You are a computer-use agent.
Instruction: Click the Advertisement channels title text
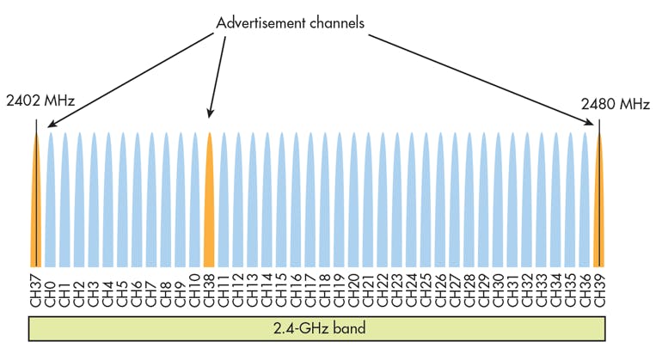291,23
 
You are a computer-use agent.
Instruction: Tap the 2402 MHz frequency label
40,101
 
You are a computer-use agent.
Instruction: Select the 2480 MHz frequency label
614,104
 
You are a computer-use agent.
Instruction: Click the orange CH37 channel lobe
35,206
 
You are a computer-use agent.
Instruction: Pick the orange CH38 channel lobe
208,206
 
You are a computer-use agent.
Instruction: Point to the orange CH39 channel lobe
599,206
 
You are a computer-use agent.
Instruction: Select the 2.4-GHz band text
318,328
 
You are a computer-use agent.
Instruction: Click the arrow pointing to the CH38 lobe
218,77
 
